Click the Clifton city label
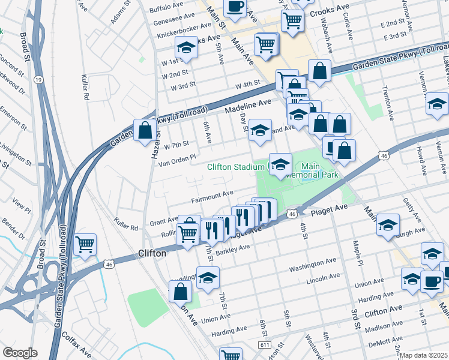pos(152,253)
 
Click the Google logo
pos(20,353)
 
